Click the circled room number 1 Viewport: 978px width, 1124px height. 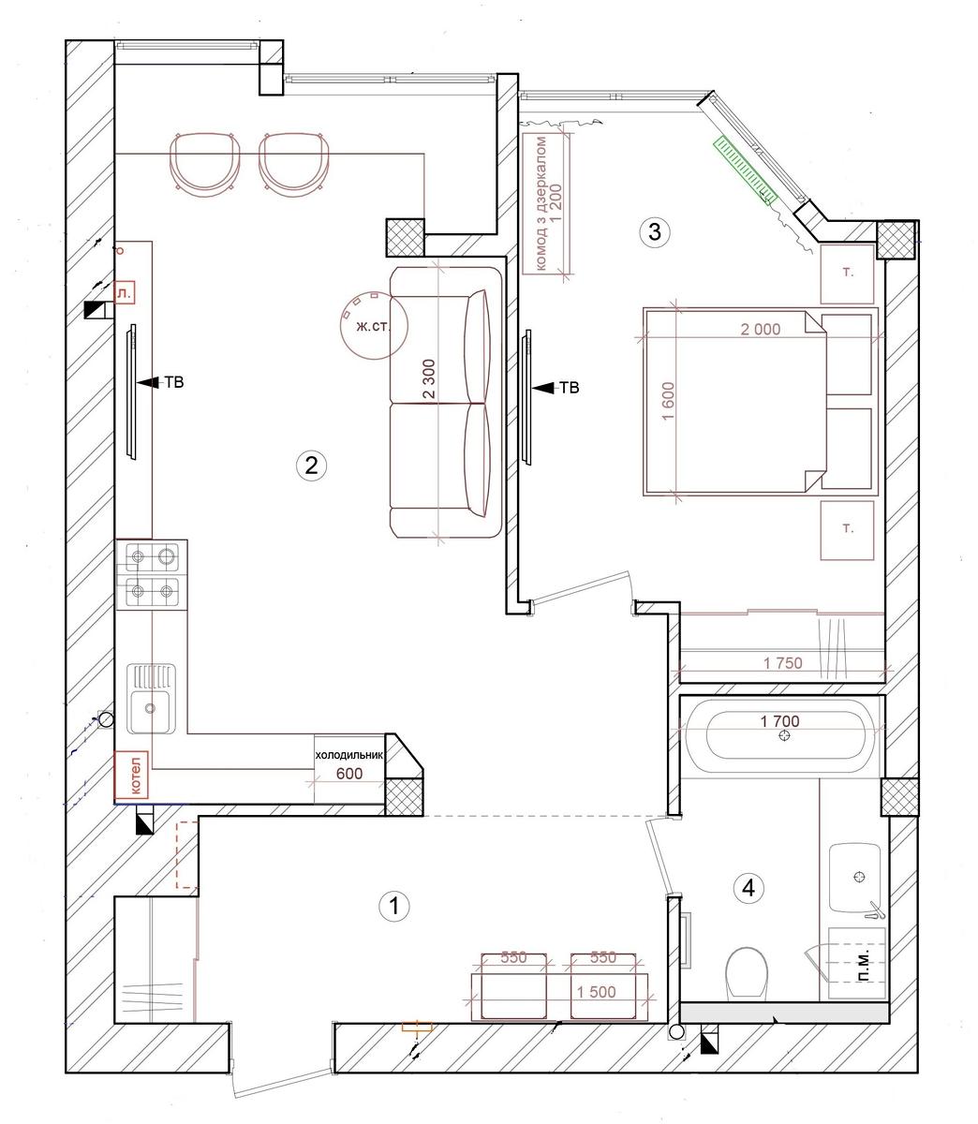click(x=394, y=906)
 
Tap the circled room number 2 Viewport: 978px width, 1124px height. click(x=311, y=466)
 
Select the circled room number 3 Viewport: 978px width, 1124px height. click(x=655, y=232)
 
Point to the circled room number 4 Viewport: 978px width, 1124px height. click(x=748, y=888)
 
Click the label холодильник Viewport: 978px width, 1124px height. click(x=348, y=755)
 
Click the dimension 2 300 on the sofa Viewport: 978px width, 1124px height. click(x=429, y=378)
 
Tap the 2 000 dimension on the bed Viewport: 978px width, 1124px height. click(x=761, y=329)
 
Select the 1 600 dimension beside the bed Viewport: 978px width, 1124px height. click(x=668, y=401)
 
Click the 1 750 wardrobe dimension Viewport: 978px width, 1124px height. click(x=782, y=663)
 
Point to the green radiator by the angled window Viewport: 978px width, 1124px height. click(x=745, y=170)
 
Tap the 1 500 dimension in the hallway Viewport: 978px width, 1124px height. click(x=596, y=992)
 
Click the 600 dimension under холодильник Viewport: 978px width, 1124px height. click(x=348, y=774)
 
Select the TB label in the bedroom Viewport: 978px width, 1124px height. click(x=570, y=388)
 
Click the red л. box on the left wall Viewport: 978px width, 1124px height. click(x=125, y=293)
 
